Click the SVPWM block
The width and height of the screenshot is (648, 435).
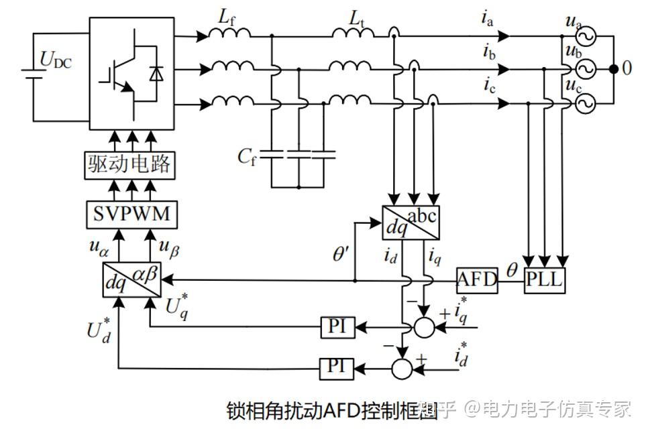click(132, 214)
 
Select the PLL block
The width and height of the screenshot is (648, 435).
click(544, 280)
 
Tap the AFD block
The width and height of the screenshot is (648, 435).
click(477, 280)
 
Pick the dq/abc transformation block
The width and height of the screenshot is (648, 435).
click(411, 223)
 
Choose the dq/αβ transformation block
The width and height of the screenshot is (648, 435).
click(132, 279)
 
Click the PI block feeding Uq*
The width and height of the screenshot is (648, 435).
click(338, 327)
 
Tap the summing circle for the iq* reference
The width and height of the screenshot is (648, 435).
click(424, 328)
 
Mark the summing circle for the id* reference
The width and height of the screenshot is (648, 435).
click(402, 369)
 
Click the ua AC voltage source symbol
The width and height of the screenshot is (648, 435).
click(586, 37)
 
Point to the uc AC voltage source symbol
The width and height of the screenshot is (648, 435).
click(586, 103)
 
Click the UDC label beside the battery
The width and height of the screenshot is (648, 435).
click(56, 60)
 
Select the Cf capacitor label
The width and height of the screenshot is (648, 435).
click(247, 157)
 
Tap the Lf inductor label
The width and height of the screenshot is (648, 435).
click(227, 18)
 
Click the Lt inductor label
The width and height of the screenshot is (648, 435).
click(357, 19)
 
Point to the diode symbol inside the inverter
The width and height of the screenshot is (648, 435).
click(156, 73)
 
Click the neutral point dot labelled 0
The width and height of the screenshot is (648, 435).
click(614, 69)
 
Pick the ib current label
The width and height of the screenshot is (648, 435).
click(489, 52)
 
